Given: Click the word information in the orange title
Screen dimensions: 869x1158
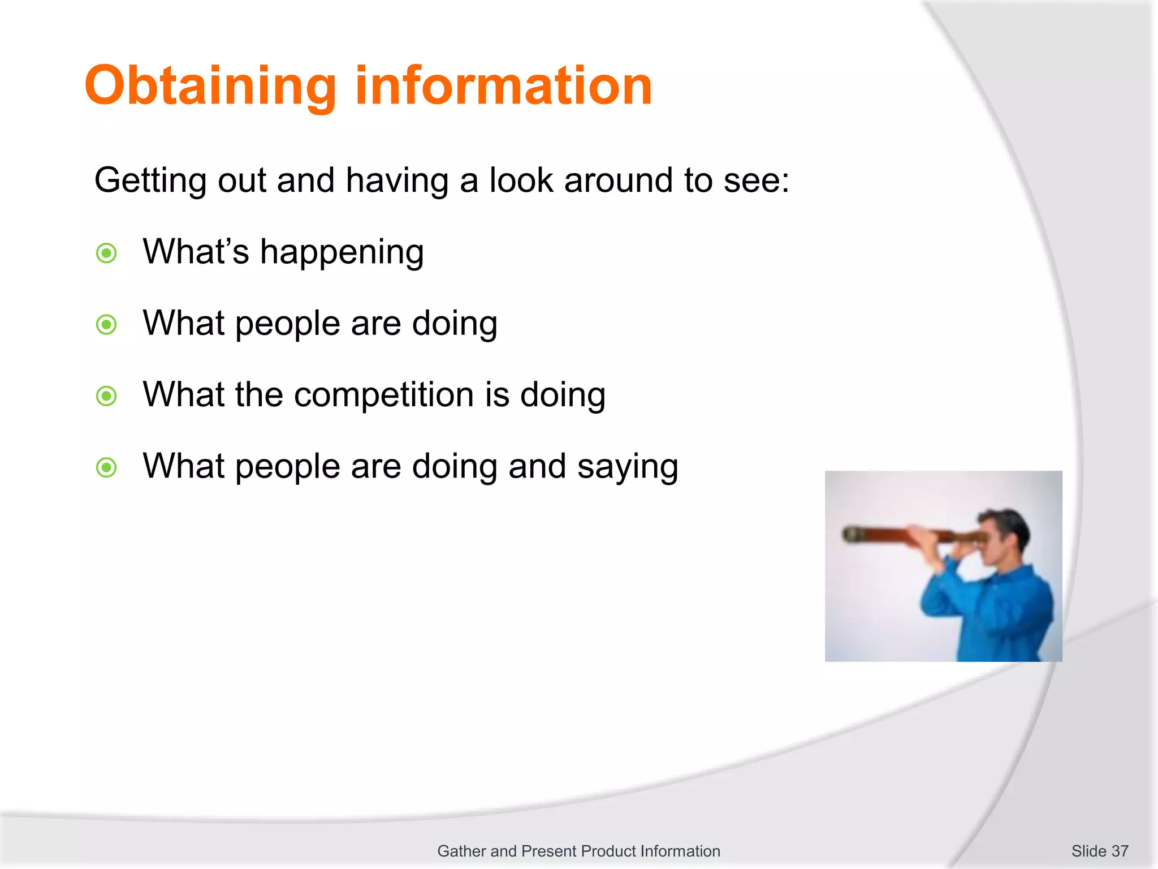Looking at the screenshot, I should pos(503,86).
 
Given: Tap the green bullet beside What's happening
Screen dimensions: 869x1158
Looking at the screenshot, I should pos(106,253).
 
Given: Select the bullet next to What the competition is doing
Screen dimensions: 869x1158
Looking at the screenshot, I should pos(106,396).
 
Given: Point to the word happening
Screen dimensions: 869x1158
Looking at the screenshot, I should pos(342,252).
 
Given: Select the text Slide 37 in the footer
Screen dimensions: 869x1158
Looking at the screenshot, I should pos(1099,851).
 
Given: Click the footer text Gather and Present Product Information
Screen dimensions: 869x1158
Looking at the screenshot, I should pos(578,851).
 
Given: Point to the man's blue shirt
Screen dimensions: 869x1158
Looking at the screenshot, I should pos(1001,611).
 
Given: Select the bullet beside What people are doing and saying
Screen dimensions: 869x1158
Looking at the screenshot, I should pos(106,468).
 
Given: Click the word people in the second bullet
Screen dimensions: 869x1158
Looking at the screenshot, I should pos(287,324).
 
